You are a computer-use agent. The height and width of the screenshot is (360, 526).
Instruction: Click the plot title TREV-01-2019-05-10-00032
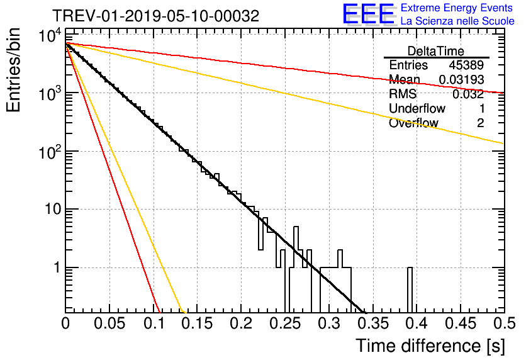[x=155, y=16]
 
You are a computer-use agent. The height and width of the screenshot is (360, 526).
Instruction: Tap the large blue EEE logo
[x=369, y=14]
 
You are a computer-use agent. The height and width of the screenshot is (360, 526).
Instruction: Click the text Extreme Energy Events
[x=457, y=8]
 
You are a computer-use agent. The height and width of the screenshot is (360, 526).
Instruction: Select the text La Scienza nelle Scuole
[x=457, y=21]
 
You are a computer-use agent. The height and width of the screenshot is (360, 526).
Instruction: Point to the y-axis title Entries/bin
[x=13, y=70]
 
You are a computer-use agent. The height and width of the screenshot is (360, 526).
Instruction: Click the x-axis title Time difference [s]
[x=430, y=346]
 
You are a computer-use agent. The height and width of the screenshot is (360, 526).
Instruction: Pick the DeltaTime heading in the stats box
[x=436, y=51]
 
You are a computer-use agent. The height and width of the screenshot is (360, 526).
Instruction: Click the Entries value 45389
[x=466, y=65]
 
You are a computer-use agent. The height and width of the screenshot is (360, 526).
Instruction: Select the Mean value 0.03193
[x=462, y=79]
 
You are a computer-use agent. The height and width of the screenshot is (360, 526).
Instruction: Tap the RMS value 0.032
[x=468, y=94]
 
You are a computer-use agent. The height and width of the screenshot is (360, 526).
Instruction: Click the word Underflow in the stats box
[x=417, y=108]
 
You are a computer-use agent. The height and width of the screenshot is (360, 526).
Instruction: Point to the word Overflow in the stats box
[x=413, y=123]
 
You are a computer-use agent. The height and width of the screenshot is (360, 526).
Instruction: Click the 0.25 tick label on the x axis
[x=285, y=323]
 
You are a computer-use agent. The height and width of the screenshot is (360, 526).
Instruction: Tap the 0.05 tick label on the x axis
[x=109, y=323]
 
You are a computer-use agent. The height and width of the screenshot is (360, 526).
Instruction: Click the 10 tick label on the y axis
[x=53, y=210]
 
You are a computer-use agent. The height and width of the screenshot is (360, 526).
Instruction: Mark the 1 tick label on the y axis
[x=57, y=267]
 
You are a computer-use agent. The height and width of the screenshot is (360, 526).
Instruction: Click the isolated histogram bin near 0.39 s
[x=410, y=290]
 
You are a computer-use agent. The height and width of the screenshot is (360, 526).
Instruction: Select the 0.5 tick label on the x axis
[x=505, y=323]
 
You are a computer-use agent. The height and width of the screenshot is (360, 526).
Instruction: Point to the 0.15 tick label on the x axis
[x=198, y=323]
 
